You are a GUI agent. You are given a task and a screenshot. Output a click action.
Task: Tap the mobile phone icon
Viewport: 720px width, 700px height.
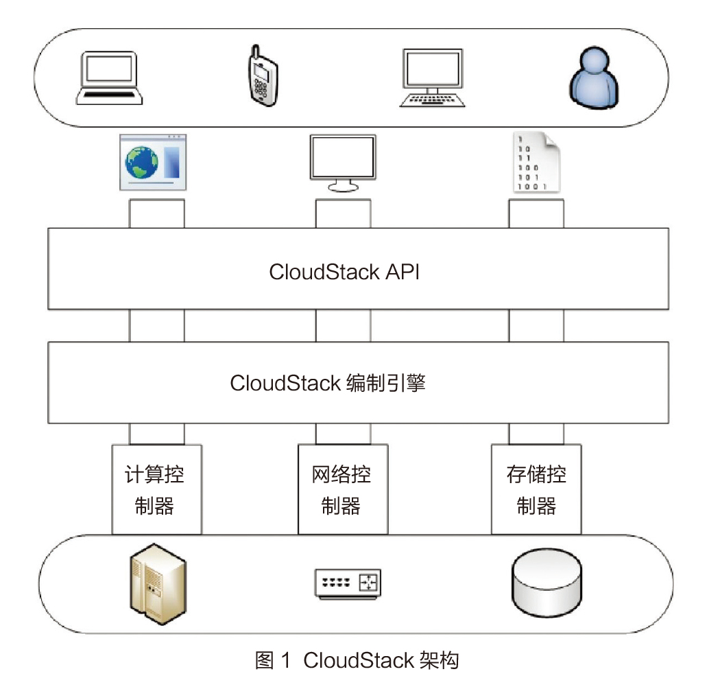click(x=262, y=78)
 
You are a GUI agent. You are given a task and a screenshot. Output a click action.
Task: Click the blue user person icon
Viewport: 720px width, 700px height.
click(x=594, y=78)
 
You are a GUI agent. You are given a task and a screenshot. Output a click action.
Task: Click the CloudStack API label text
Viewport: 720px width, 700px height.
click(x=344, y=272)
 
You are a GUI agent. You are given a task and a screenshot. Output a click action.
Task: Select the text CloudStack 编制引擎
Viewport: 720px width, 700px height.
click(x=328, y=383)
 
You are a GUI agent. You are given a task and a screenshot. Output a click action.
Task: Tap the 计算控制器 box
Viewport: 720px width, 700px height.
click(x=156, y=489)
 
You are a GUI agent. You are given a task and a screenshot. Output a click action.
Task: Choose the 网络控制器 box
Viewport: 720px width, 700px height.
click(x=342, y=489)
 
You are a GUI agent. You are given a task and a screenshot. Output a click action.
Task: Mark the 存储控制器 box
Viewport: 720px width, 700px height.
click(x=536, y=489)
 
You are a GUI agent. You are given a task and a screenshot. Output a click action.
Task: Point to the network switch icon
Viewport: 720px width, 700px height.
click(x=347, y=583)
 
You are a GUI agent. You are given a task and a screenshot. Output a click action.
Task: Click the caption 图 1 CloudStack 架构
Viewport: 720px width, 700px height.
click(x=357, y=661)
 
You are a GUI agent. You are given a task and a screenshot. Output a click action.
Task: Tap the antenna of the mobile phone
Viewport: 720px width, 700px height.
click(x=254, y=52)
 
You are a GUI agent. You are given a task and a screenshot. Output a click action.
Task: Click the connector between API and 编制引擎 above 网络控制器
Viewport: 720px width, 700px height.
click(x=343, y=325)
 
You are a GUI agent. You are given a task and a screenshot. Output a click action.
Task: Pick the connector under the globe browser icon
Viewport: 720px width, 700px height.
click(x=156, y=213)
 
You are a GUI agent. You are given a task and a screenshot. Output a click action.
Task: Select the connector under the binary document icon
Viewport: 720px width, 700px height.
click(x=536, y=213)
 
